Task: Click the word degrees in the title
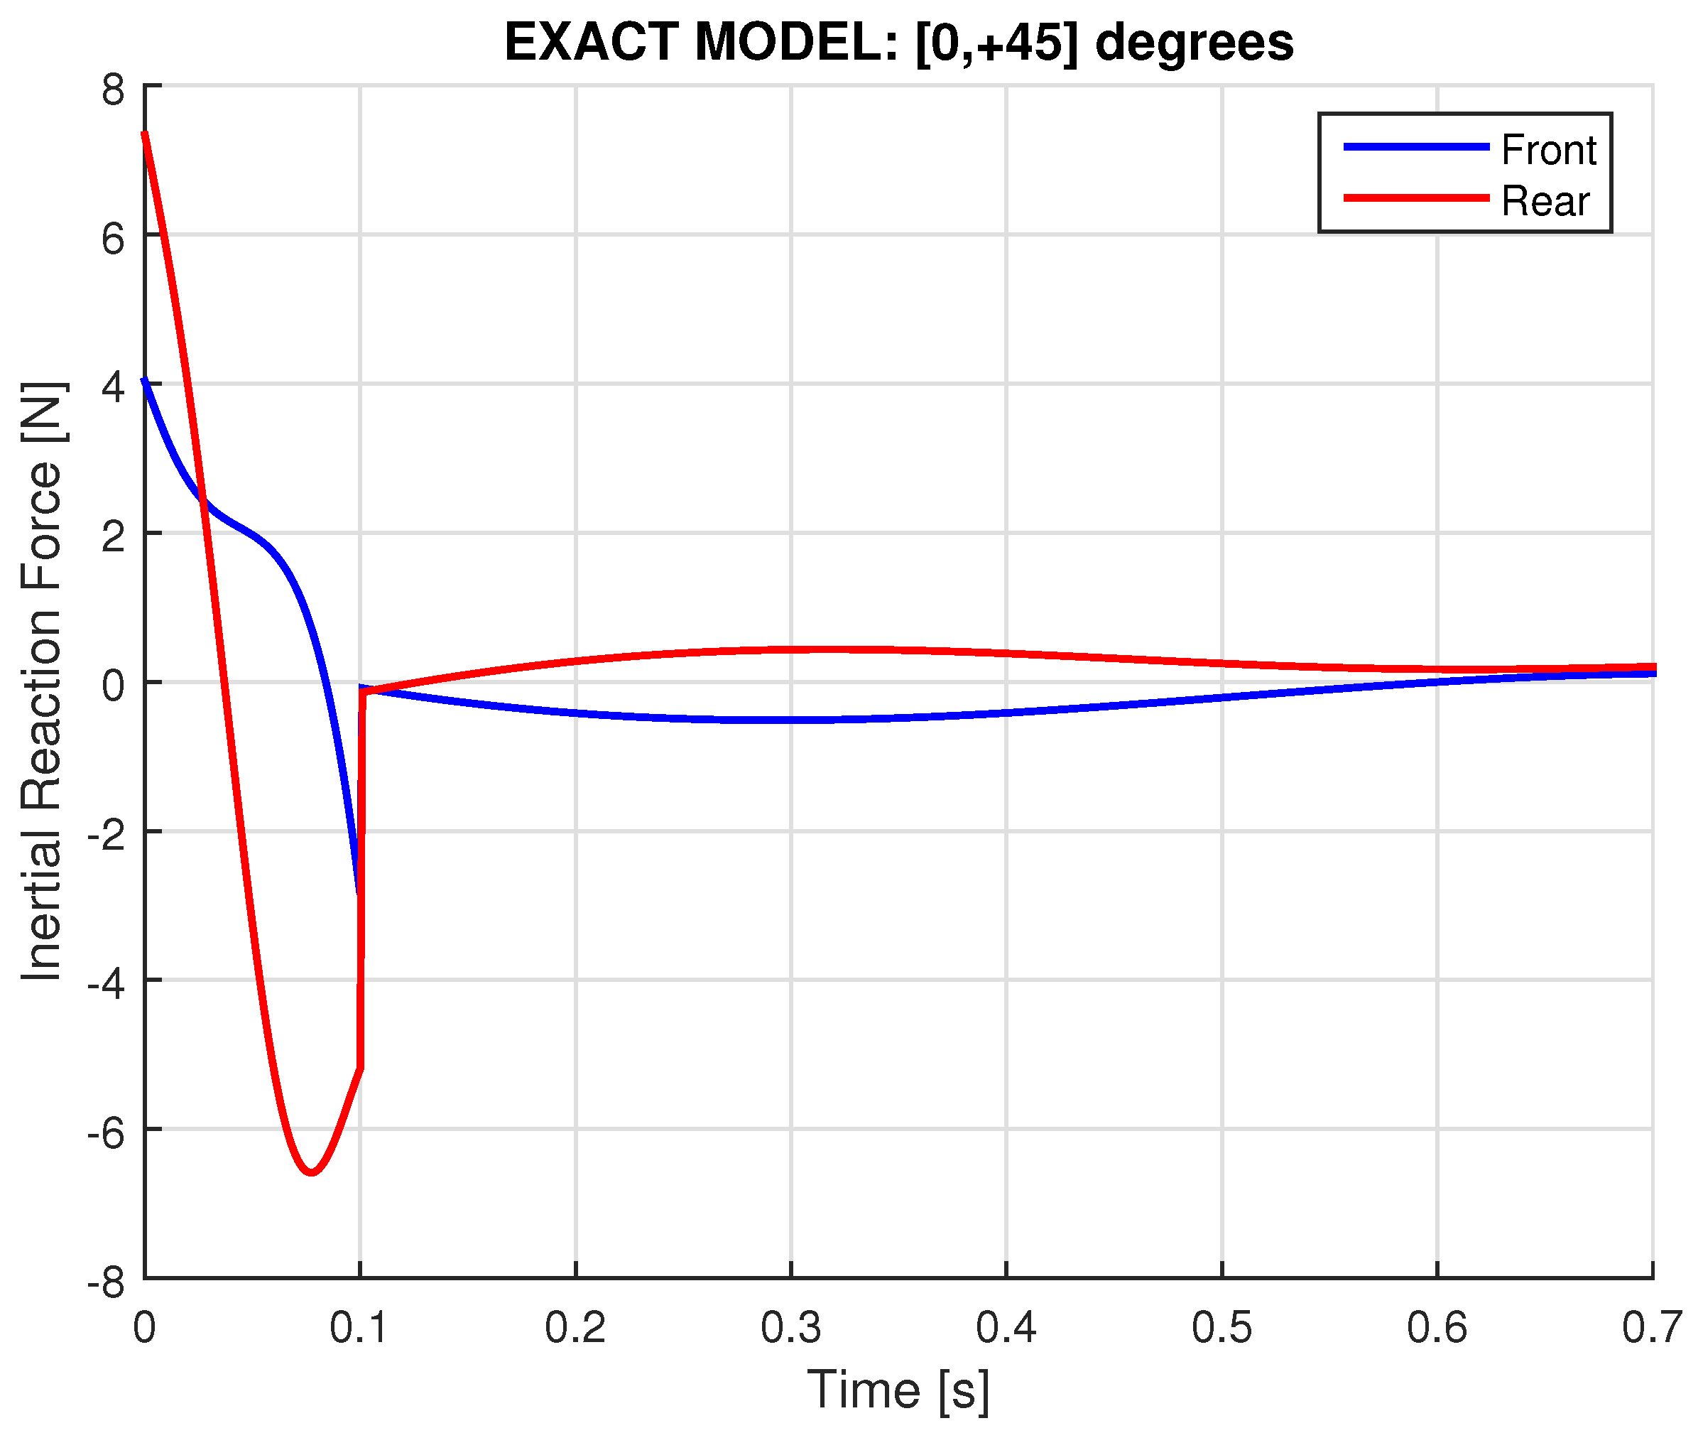pyautogui.click(x=1194, y=42)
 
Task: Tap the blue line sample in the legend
pyautogui.click(x=1415, y=147)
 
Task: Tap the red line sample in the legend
pyautogui.click(x=1415, y=198)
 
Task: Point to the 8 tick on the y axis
pyautogui.click(x=114, y=90)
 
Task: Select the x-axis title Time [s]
pyautogui.click(x=898, y=1391)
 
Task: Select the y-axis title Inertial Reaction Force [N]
pyautogui.click(x=42, y=681)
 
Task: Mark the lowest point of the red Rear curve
pyautogui.click(x=312, y=1172)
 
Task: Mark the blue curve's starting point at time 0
pyautogui.click(x=146, y=380)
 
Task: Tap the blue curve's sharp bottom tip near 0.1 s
pyautogui.click(x=358, y=892)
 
